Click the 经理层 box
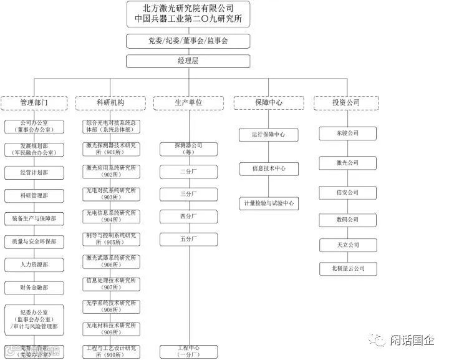pyautogui.click(x=188, y=61)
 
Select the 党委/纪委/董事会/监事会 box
pyautogui.click(x=188, y=41)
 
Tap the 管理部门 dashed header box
pyautogui.click(x=34, y=102)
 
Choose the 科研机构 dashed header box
pyautogui.click(x=110, y=102)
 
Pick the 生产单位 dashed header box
pyautogui.click(x=188, y=102)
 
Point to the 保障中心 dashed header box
pyautogui.click(x=267, y=102)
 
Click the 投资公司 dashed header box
pyautogui.click(x=347, y=102)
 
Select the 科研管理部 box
pyautogui.click(x=34, y=196)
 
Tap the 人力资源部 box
pyautogui.click(x=34, y=265)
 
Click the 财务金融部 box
pyautogui.click(x=34, y=288)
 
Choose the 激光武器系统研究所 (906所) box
pyautogui.click(x=111, y=260)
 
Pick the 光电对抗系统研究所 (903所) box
pyautogui.click(x=111, y=193)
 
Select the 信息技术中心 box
pyautogui.click(x=269, y=168)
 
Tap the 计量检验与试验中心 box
pyautogui.click(x=269, y=203)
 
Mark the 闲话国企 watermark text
pyautogui.click(x=411, y=341)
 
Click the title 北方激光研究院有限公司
pyautogui.click(x=188, y=8)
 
